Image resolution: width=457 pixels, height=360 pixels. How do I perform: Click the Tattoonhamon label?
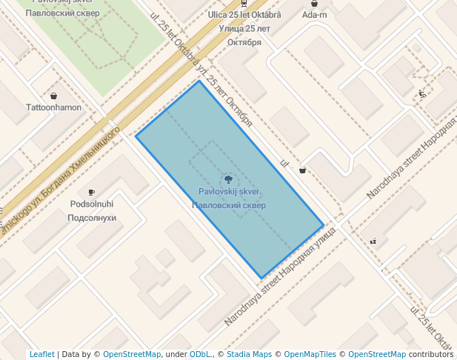tap(53, 107)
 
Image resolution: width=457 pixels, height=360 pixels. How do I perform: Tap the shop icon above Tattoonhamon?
tap(53, 96)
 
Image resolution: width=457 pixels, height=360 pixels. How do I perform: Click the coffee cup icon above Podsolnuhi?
tap(91, 192)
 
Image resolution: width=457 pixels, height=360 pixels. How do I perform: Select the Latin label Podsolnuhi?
tap(91, 204)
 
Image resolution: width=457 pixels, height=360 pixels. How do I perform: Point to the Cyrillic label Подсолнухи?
tap(92, 218)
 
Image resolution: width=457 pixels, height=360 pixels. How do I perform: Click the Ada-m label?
tap(315, 15)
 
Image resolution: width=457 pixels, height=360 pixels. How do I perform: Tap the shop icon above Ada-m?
tap(315, 4)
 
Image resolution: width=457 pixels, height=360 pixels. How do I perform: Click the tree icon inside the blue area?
tap(228, 179)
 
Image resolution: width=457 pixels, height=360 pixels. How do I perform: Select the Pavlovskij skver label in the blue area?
tap(229, 192)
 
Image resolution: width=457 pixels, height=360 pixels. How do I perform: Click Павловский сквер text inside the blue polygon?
tap(229, 204)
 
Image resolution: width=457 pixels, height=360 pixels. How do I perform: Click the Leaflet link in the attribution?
tap(41, 354)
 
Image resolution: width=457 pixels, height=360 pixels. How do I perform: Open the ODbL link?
tap(201, 354)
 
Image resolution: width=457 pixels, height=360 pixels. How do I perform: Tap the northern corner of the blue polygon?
tap(199, 81)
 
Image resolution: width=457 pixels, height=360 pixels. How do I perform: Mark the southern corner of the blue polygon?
tap(261, 279)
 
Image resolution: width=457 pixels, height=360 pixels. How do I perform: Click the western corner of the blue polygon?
tap(136, 136)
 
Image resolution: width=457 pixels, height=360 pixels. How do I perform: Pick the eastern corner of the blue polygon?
tap(324, 224)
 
